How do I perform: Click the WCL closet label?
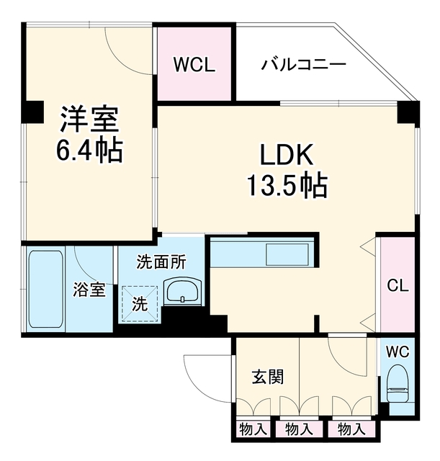pyautogui.click(x=194, y=64)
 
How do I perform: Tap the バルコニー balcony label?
pyautogui.click(x=304, y=64)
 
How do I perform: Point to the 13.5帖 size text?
pyautogui.click(x=287, y=185)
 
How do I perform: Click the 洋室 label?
pyautogui.click(x=89, y=119)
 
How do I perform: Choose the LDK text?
pyautogui.click(x=287, y=155)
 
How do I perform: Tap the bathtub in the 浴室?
pyautogui.click(x=46, y=289)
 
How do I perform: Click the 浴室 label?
pyautogui.click(x=89, y=289)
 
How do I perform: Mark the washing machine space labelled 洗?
pyautogui.click(x=140, y=304)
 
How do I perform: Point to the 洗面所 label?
pyautogui.click(x=161, y=261)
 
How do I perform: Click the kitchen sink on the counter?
pyautogui.click(x=287, y=254)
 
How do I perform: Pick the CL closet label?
pyautogui.click(x=398, y=285)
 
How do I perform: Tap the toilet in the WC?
pyautogui.click(x=398, y=383)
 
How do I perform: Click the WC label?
pyautogui.click(x=398, y=352)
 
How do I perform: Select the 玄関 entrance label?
pyautogui.click(x=268, y=377)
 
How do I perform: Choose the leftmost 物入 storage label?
pyautogui.click(x=253, y=429)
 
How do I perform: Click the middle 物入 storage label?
pyautogui.click(x=299, y=429)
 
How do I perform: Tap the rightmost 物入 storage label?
pyautogui.click(x=351, y=429)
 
